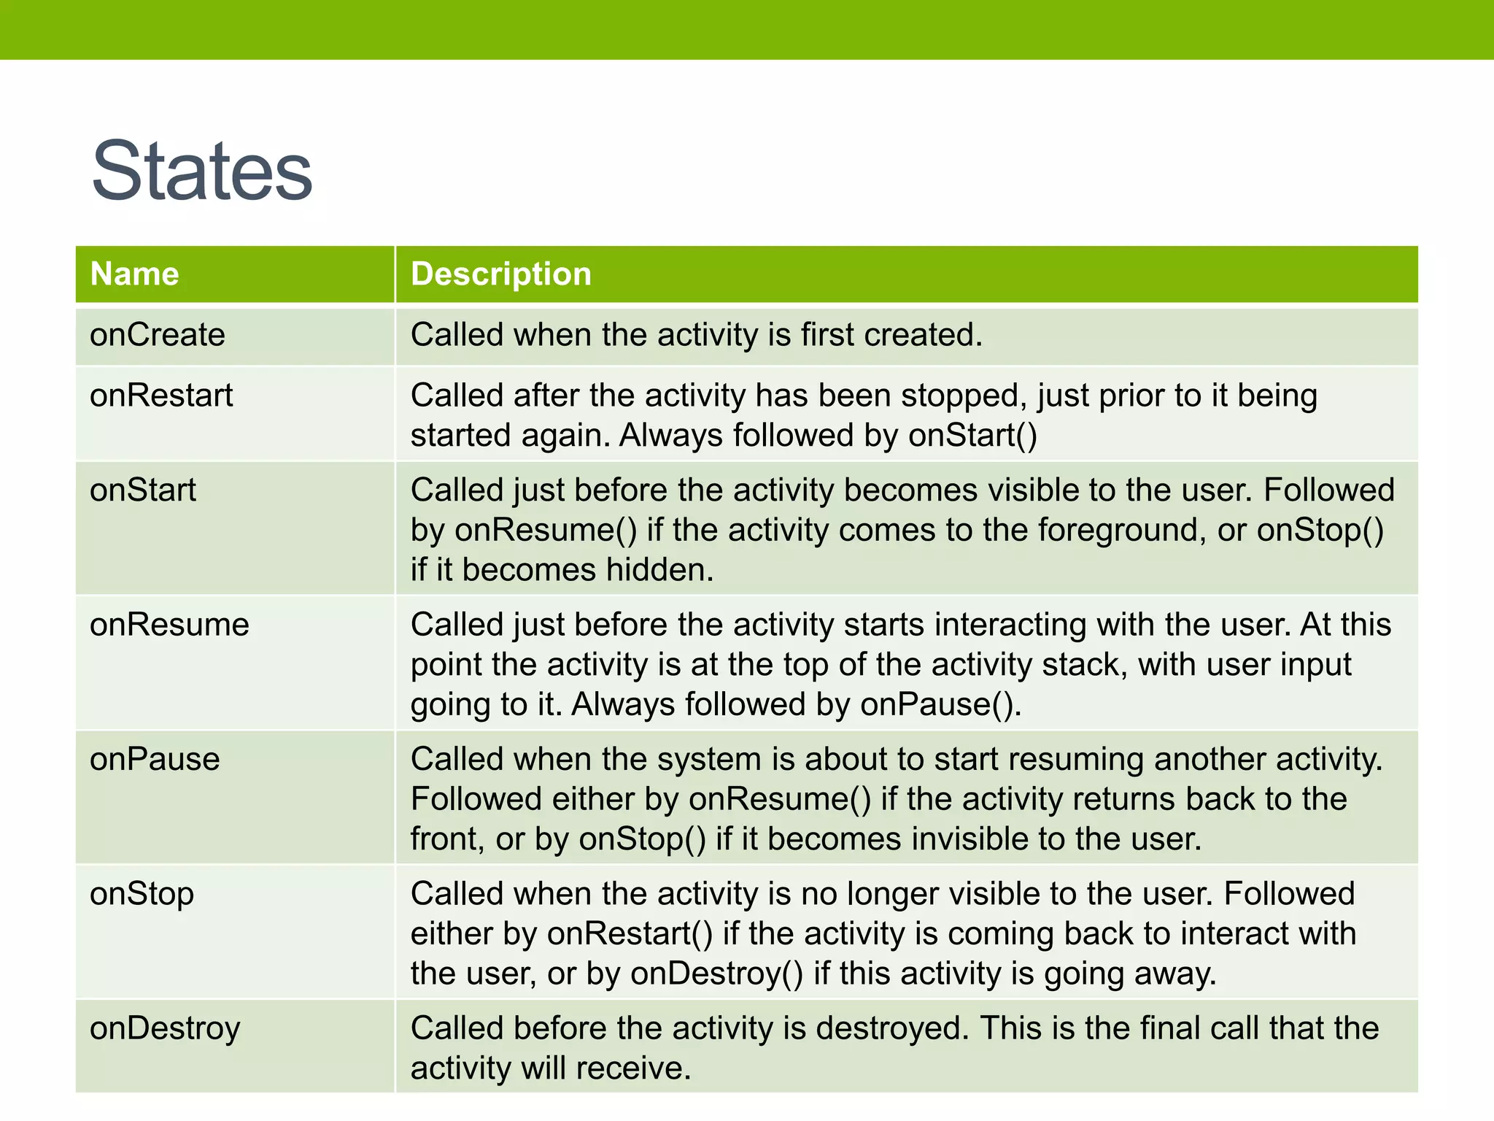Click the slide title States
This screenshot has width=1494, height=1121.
pyautogui.click(x=202, y=172)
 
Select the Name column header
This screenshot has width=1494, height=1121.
pyautogui.click(x=134, y=274)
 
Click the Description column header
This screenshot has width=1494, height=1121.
pyautogui.click(x=500, y=274)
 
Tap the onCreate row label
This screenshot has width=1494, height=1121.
pyautogui.click(x=157, y=335)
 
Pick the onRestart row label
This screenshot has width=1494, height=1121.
pyautogui.click(x=161, y=396)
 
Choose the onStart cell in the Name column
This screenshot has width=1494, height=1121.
pyautogui.click(x=143, y=490)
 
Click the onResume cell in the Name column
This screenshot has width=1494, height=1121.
pyautogui.click(x=169, y=625)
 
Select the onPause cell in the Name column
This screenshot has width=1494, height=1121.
pyautogui.click(x=155, y=759)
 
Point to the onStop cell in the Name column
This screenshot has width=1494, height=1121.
pyautogui.click(x=142, y=894)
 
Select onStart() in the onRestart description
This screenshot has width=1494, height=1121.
pyautogui.click(x=972, y=436)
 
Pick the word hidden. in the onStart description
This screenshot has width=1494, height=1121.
pyautogui.click(x=660, y=570)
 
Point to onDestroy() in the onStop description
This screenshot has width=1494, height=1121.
pyautogui.click(x=717, y=974)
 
